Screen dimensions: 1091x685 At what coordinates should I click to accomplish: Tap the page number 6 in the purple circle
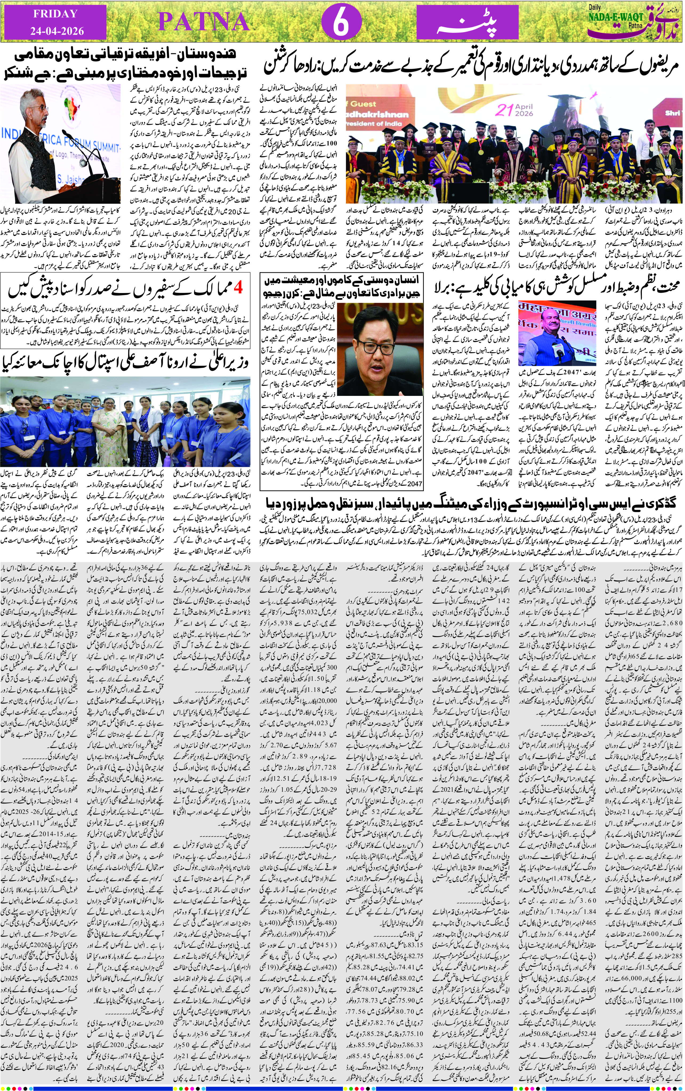tap(341, 22)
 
